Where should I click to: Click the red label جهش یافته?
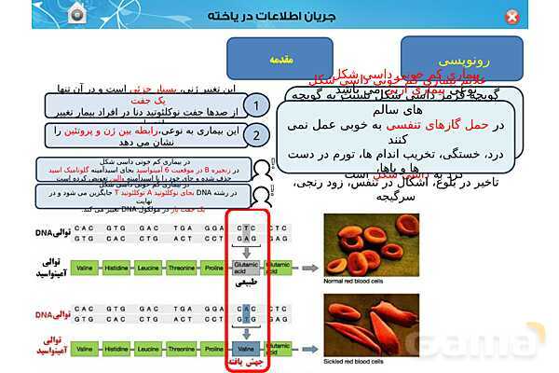click(248, 362)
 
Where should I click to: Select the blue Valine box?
click(248, 348)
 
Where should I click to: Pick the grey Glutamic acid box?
click(248, 266)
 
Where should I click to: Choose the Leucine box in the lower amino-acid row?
click(147, 348)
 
